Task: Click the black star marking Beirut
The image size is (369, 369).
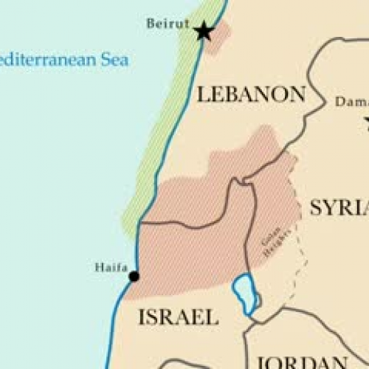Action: point(203,31)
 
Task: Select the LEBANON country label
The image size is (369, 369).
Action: point(251,94)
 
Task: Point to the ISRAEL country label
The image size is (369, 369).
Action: point(178,318)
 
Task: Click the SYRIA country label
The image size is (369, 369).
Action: point(339,207)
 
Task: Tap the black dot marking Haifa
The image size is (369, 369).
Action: point(134,276)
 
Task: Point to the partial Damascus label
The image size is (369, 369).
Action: point(351,102)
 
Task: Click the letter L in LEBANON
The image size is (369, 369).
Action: point(202,94)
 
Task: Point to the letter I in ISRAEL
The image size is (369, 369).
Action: point(142,318)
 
